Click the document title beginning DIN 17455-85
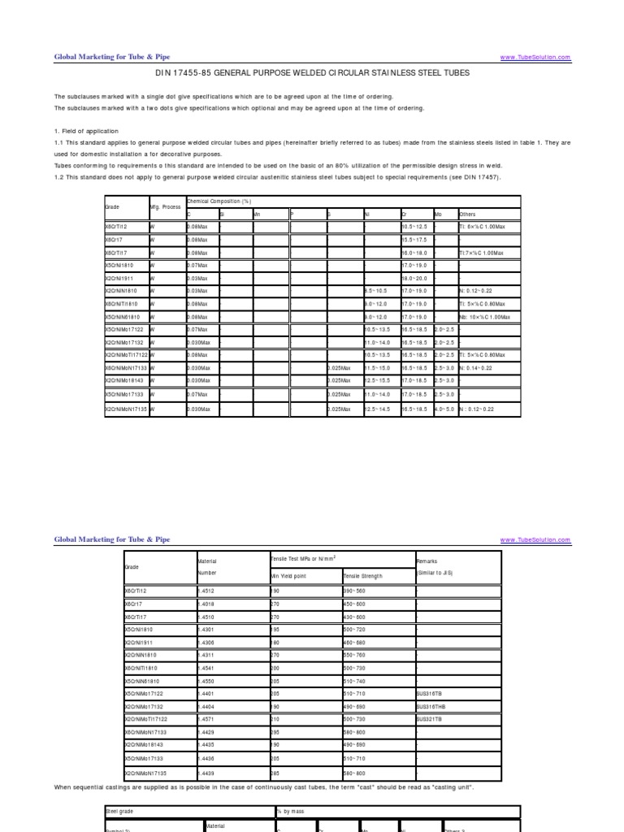click(x=312, y=73)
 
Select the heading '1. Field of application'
click(x=86, y=131)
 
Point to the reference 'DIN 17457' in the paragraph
click(x=483, y=176)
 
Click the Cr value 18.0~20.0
click(x=415, y=278)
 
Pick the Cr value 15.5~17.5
click(x=415, y=240)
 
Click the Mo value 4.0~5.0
click(x=446, y=409)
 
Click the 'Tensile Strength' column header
click(x=363, y=576)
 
